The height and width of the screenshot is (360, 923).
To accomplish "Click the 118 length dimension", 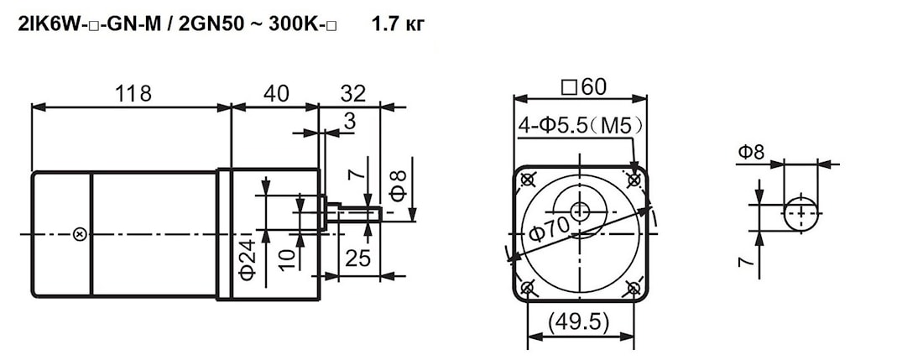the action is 133,93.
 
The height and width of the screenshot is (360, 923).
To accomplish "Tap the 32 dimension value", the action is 352,93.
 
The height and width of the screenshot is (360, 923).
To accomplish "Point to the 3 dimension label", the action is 350,122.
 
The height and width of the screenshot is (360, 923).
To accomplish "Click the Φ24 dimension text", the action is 248,258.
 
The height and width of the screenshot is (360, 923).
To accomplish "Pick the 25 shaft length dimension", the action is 358,258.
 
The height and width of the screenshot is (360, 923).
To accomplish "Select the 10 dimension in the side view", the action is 287,258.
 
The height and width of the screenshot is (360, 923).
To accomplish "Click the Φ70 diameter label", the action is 549,229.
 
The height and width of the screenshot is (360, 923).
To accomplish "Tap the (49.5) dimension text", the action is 579,322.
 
